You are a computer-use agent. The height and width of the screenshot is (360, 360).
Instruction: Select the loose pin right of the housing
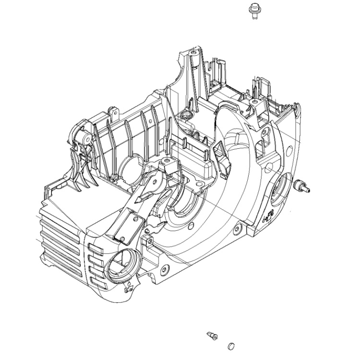tap(301, 185)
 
